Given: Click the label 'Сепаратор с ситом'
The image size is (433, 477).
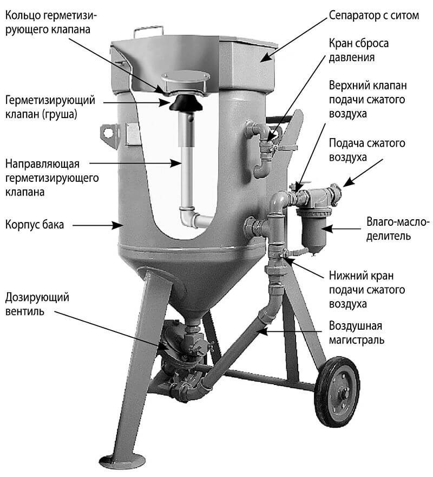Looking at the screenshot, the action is pyautogui.click(x=373, y=15).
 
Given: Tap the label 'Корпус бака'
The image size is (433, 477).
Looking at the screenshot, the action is pyautogui.click(x=35, y=225).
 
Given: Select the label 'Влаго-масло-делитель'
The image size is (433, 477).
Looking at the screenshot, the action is pyautogui.click(x=397, y=229).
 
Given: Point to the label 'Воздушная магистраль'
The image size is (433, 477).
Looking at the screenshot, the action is pyautogui.click(x=356, y=332).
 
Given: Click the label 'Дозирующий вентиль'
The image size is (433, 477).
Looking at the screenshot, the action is pyautogui.click(x=37, y=304).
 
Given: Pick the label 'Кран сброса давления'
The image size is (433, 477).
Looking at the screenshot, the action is pyautogui.click(x=359, y=50).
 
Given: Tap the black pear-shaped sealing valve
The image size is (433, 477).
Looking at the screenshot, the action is pyautogui.click(x=186, y=103).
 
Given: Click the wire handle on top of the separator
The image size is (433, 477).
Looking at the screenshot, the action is pyautogui.click(x=149, y=31).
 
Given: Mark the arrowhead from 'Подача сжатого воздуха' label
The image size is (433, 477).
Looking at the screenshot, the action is pyautogui.click(x=349, y=181).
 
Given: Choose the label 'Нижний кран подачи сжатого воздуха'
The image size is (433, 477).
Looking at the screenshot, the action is pyautogui.click(x=367, y=290).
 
